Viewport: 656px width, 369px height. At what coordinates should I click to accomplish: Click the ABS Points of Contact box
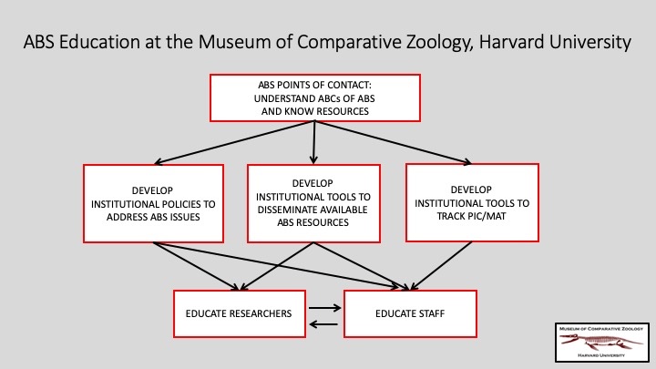pyautogui.click(x=315, y=98)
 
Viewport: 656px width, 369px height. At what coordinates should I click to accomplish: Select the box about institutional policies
pyautogui.click(x=154, y=203)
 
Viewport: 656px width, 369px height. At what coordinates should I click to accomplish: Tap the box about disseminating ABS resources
pyautogui.click(x=313, y=203)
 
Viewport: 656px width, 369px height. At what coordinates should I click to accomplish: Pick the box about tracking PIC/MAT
pyautogui.click(x=472, y=203)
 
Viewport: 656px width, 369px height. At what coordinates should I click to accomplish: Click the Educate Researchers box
pyautogui.click(x=240, y=313)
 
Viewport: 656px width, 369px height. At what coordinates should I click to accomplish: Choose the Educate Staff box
pyautogui.click(x=410, y=313)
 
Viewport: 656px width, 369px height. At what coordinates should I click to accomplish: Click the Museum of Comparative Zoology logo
pyautogui.click(x=602, y=343)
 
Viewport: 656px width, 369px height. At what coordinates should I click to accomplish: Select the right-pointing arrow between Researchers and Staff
pyautogui.click(x=325, y=308)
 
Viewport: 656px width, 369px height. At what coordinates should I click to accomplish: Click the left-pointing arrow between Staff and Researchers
pyautogui.click(x=323, y=324)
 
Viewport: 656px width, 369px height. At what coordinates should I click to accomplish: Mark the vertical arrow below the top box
pyautogui.click(x=313, y=142)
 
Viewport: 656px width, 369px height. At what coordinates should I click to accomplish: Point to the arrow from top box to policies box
pyautogui.click(x=234, y=142)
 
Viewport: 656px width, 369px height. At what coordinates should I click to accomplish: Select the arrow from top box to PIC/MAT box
pyautogui.click(x=394, y=142)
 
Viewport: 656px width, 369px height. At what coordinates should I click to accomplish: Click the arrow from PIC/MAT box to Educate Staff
pyautogui.click(x=441, y=266)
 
